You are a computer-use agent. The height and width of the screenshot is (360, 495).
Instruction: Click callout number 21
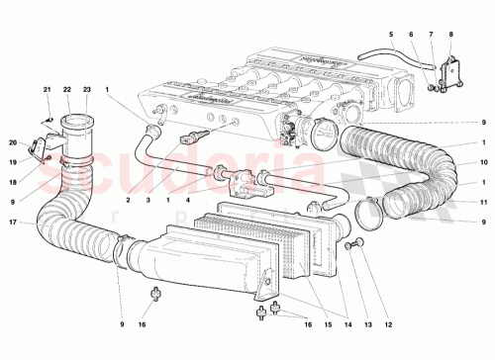coord(46,90)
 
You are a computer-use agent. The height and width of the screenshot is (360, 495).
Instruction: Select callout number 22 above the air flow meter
coord(66,90)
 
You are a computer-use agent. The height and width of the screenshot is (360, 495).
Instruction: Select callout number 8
coord(449,33)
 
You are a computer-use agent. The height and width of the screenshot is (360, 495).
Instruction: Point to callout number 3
coord(148,199)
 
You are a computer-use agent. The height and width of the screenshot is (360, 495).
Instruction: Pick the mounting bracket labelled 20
coord(40,148)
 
